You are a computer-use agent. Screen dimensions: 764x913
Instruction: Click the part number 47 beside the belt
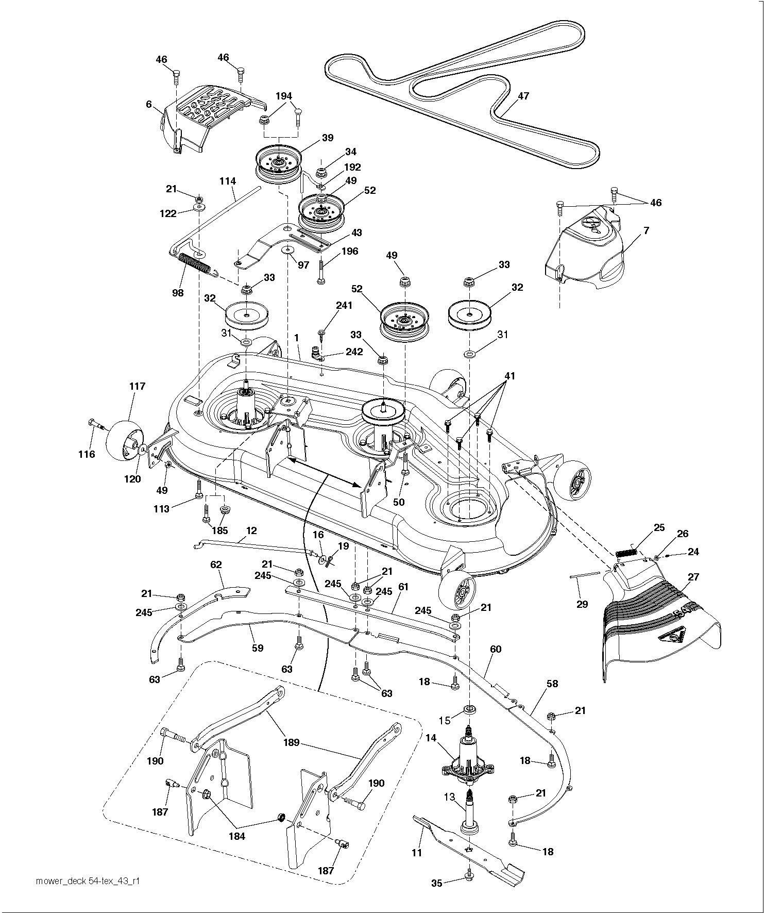point(523,96)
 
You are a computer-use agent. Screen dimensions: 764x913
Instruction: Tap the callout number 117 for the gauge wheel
point(138,386)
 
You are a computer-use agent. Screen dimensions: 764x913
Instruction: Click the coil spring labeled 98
point(195,264)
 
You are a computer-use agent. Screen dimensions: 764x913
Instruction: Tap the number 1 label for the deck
point(296,337)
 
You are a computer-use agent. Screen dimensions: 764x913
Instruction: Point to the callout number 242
point(354,352)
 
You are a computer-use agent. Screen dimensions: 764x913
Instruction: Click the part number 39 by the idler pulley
point(328,138)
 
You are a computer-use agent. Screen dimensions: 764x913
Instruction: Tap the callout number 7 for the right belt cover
point(646,230)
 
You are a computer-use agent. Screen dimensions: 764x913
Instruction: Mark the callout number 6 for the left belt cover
point(149,104)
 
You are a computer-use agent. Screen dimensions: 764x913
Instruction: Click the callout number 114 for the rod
point(227,181)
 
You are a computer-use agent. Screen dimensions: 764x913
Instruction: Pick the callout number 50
point(399,502)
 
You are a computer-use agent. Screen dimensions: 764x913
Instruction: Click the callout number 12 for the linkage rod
point(251,530)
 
